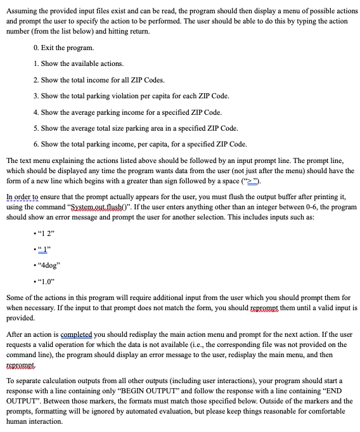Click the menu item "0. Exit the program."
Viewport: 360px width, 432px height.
pyautogui.click(x=64, y=48)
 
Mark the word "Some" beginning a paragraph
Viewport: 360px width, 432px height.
pyautogui.click(x=15, y=298)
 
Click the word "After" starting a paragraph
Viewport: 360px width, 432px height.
pyautogui.click(x=14, y=334)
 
